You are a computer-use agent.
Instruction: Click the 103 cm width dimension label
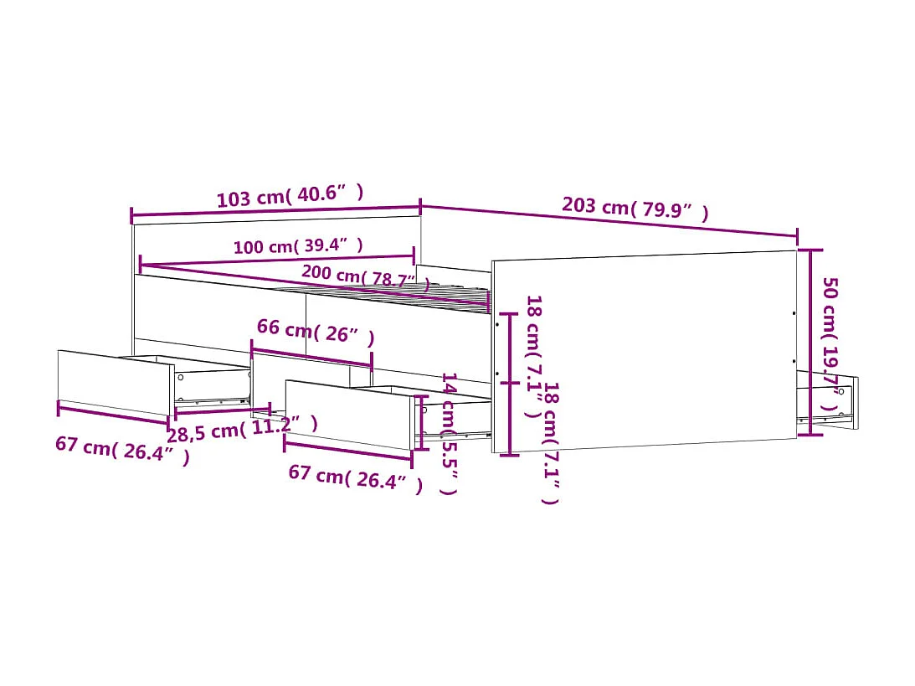pyautogui.click(x=290, y=196)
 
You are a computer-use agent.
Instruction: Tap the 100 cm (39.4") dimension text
pyautogui.click(x=298, y=246)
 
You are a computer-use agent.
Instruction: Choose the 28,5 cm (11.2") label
pyautogui.click(x=242, y=430)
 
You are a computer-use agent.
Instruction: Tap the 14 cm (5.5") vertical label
pyautogui.click(x=449, y=433)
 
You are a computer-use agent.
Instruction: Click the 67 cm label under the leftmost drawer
pyautogui.click(x=122, y=449)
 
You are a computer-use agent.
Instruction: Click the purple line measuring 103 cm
pyautogui.click(x=275, y=215)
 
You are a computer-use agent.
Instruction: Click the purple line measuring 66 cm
pyautogui.click(x=311, y=354)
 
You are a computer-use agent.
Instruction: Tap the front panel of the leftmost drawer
pyautogui.click(x=115, y=382)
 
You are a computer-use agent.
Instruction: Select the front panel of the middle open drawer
pyautogui.click(x=349, y=414)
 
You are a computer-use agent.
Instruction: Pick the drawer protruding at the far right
pyautogui.click(x=827, y=401)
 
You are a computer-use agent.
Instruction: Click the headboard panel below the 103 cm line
pyautogui.click(x=276, y=243)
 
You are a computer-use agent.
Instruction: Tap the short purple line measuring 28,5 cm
pyautogui.click(x=222, y=410)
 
